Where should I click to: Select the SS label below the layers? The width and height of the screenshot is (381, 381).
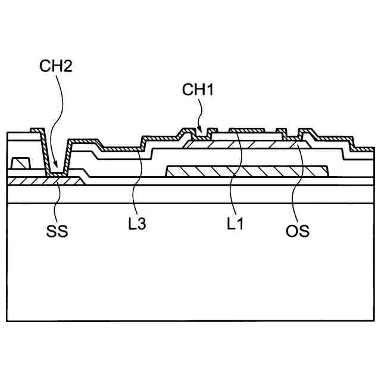(x=57, y=231)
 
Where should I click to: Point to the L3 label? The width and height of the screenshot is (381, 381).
(x=138, y=224)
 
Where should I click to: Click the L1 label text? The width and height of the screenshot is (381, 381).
(x=234, y=224)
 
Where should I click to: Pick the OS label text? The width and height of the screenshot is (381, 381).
(x=297, y=230)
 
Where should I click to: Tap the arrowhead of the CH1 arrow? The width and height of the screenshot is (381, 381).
(x=202, y=130)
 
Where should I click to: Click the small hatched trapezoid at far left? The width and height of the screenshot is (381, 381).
(x=20, y=162)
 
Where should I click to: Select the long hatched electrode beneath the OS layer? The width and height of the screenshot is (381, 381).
(x=247, y=171)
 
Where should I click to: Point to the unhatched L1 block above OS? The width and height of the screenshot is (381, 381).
(x=247, y=136)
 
